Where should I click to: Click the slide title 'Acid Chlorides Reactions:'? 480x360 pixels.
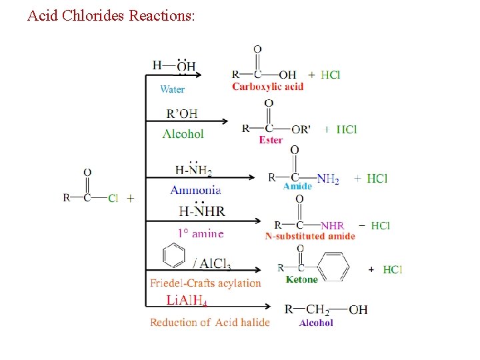111,15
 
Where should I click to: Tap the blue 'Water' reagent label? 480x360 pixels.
173,89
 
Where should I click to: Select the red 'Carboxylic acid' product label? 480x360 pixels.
267,87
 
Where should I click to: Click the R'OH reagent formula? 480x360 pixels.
182,113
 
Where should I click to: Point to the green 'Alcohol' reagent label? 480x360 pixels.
183,134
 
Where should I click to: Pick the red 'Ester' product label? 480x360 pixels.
271,140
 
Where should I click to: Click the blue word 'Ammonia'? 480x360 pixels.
196,191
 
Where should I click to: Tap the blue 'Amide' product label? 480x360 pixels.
297,187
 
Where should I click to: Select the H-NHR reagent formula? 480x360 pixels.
202,211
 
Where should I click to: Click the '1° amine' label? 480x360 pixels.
200,233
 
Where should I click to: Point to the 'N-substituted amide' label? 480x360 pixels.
310,236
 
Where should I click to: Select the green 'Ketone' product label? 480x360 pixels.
301,280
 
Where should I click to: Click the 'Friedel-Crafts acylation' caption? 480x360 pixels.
205,283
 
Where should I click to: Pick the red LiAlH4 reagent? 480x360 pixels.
187,301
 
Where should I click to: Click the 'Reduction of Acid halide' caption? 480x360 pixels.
210,323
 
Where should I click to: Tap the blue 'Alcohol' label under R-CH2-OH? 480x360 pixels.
316,323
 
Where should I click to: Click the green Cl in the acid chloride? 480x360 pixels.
113,198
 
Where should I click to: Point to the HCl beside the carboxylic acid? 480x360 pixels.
330,75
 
